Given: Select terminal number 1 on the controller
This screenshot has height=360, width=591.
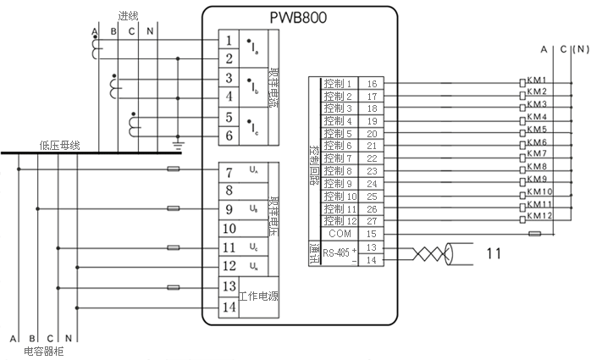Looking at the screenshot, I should pos(229,41).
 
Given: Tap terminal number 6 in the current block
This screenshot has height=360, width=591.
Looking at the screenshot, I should pos(229,136).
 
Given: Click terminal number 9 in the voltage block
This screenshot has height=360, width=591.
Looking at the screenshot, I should pos(229,208).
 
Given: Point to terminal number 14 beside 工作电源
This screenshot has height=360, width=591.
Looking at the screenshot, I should pos(229,307).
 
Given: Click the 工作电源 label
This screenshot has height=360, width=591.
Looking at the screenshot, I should pos(258,297).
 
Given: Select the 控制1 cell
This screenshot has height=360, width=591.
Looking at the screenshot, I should pos(338,84).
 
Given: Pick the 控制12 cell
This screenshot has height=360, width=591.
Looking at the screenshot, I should pos(338,220).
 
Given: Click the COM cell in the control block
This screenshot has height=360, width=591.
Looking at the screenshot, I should pos(340,233).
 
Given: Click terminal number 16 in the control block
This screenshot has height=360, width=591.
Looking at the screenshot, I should pos(372,84).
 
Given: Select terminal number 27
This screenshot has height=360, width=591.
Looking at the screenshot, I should pos(372,220).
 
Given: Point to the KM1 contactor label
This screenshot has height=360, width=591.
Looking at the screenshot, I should pos(536,80).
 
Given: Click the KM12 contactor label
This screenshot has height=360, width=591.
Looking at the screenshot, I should pos(539,216).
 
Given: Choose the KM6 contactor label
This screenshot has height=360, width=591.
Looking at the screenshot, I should pos(536,141).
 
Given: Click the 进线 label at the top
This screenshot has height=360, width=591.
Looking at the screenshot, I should pos(129,15).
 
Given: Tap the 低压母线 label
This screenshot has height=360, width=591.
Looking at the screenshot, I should pos(59,145).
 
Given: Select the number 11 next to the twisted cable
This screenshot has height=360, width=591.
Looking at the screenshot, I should pos(494,252).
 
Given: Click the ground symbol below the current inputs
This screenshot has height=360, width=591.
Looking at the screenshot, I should pos(178,146).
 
